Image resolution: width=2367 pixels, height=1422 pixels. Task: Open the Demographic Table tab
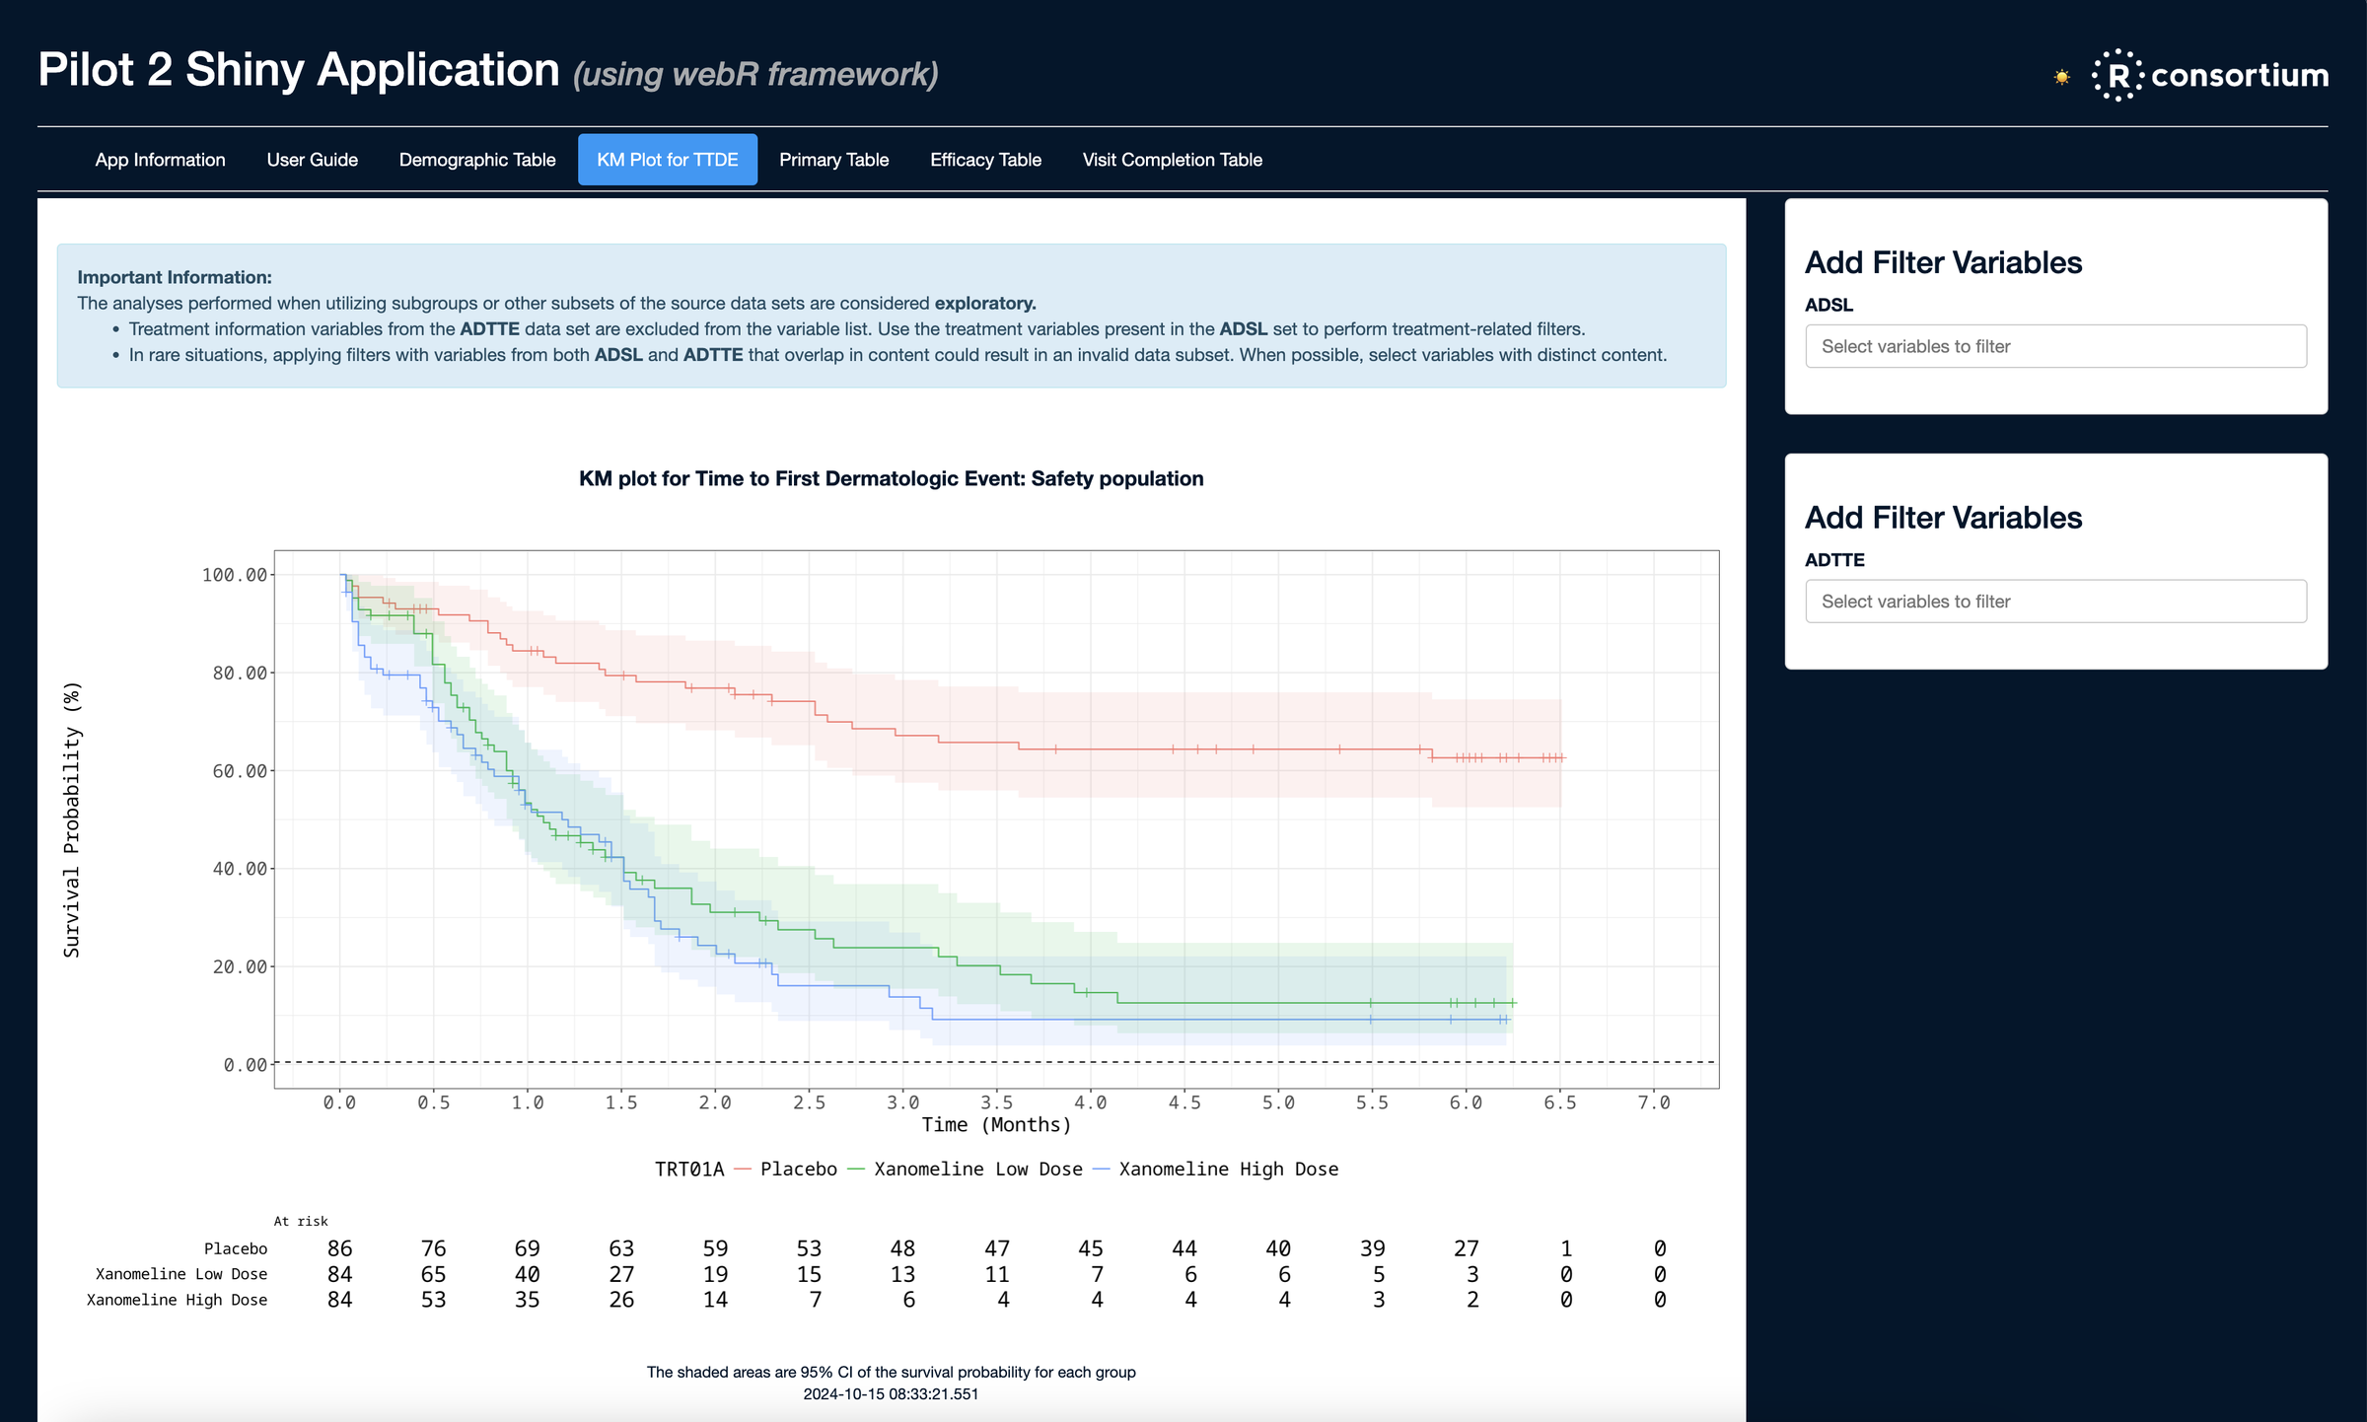pyautogui.click(x=477, y=160)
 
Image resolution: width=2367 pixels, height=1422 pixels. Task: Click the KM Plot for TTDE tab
pyautogui.click(x=668, y=160)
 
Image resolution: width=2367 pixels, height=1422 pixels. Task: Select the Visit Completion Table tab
pyautogui.click(x=1172, y=160)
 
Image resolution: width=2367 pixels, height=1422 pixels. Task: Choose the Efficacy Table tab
pyautogui.click(x=985, y=160)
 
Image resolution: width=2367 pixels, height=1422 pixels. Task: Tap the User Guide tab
pyautogui.click(x=312, y=160)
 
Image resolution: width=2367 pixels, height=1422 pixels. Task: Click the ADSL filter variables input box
pyautogui.click(x=2055, y=346)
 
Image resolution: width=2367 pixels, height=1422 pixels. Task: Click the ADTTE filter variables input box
pyautogui.click(x=2055, y=602)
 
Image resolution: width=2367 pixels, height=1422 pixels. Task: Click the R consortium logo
pyautogui.click(x=2210, y=75)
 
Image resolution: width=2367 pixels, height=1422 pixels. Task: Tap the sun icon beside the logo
pyautogui.click(x=2061, y=77)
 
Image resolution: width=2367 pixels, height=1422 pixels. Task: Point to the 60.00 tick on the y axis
pyautogui.click(x=240, y=771)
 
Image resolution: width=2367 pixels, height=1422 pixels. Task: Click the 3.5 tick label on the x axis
pyautogui.click(x=996, y=1102)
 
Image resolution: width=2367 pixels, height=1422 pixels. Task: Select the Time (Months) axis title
pyautogui.click(x=996, y=1125)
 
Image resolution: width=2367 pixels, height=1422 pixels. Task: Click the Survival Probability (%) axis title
pyautogui.click(x=72, y=818)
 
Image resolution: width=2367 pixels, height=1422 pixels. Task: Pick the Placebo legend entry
pyautogui.click(x=798, y=1170)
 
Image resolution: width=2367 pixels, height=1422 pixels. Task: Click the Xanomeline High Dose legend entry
pyautogui.click(x=1228, y=1170)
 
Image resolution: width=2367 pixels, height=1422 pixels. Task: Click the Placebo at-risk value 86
pyautogui.click(x=339, y=1248)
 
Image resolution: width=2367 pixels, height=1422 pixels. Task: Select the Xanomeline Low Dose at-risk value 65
pyautogui.click(x=433, y=1274)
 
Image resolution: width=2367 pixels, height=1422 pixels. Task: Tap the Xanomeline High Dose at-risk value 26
pyautogui.click(x=621, y=1300)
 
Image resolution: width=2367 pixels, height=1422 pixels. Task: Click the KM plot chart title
pyautogui.click(x=891, y=479)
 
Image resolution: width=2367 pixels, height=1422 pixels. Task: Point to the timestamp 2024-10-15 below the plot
pyautogui.click(x=891, y=1394)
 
